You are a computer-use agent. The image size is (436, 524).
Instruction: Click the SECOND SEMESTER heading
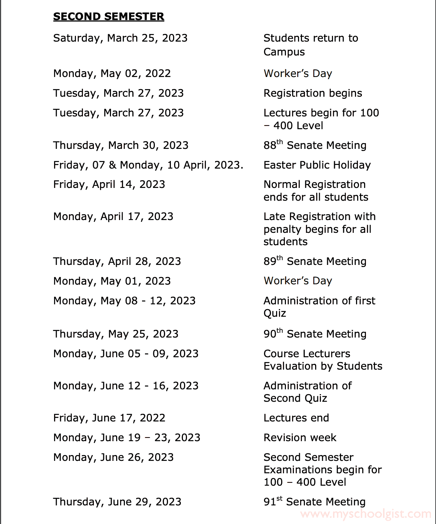click(x=108, y=17)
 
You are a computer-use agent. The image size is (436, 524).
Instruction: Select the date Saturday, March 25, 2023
click(x=120, y=38)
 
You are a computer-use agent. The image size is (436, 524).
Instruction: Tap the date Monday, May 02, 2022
click(x=112, y=74)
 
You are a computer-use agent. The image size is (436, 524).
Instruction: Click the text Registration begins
click(x=313, y=93)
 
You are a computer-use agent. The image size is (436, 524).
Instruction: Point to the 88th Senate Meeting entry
click(x=315, y=145)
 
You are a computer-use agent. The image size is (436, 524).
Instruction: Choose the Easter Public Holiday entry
click(x=317, y=165)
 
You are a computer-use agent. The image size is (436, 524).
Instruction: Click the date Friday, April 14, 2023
click(x=109, y=185)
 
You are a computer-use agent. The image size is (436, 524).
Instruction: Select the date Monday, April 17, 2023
click(x=113, y=217)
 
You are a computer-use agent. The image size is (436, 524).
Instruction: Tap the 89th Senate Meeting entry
click(x=315, y=261)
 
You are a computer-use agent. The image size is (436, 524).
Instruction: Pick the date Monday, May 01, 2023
click(x=112, y=281)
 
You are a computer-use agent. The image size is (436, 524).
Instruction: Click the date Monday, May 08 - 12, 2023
click(x=124, y=301)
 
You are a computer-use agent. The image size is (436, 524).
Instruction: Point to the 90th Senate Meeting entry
click(x=315, y=334)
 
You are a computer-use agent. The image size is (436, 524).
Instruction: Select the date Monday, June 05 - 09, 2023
click(x=126, y=354)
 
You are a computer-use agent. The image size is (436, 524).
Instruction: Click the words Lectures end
click(x=296, y=418)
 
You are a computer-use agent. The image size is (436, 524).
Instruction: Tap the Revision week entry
click(x=300, y=438)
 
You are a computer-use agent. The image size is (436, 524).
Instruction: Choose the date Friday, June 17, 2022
click(x=109, y=418)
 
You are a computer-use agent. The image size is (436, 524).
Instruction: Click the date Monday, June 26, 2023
click(x=113, y=457)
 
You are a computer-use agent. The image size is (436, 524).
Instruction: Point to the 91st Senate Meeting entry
click(x=314, y=502)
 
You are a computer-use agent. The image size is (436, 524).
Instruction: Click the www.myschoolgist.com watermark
click(x=366, y=514)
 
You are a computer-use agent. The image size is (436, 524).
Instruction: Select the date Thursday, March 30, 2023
click(x=121, y=145)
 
